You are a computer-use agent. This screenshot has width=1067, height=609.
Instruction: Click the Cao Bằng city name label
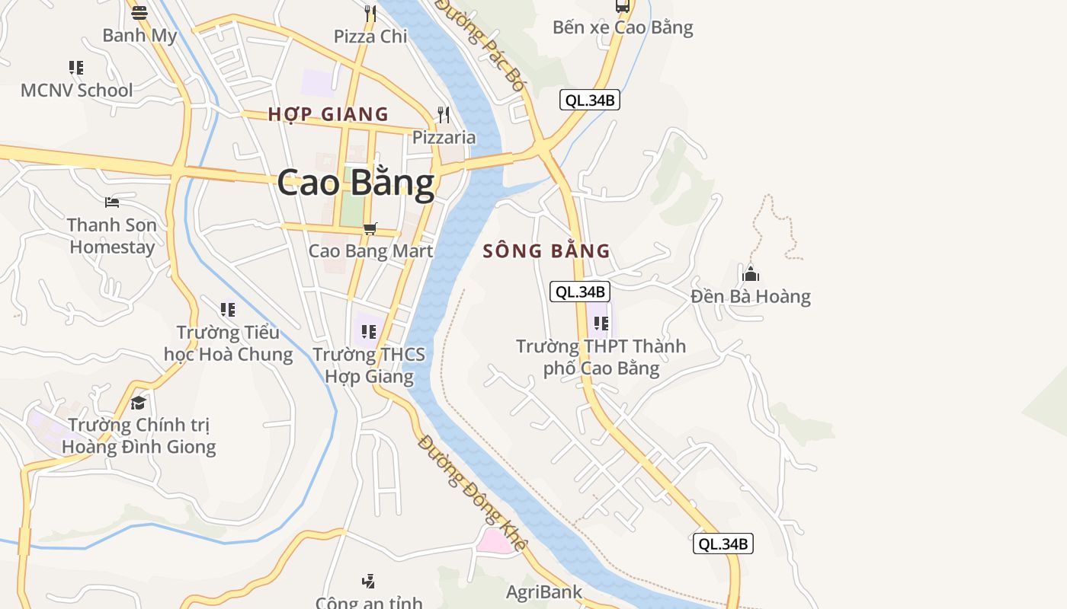coord(355,183)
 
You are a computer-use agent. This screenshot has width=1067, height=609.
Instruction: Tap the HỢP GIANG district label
coord(328,114)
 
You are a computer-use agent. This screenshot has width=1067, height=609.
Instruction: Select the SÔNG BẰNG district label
coord(546,250)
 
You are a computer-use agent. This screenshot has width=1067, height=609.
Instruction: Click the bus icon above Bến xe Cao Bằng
coord(623,6)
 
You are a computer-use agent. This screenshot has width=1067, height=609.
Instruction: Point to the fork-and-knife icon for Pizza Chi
coord(370,13)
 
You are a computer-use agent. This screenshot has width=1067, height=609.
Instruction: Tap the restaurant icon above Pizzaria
coord(444,115)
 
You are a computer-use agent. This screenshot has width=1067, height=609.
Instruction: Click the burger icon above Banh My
coord(139,12)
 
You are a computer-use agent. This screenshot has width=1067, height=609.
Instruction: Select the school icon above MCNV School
coord(76,68)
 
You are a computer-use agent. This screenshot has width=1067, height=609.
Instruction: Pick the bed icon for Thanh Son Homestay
coord(112,202)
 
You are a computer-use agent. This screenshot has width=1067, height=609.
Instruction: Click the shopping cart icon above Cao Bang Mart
coord(370,228)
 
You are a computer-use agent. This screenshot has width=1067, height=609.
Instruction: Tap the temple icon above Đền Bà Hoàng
coord(751,273)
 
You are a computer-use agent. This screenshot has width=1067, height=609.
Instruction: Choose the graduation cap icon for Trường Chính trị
coord(138,402)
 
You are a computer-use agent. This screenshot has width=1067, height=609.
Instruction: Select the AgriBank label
coord(544,591)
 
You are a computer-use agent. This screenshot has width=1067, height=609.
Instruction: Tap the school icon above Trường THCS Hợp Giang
coord(369,332)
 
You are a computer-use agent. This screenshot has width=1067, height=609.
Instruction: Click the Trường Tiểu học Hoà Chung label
coord(228,343)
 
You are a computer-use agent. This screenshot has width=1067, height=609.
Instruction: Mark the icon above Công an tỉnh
coord(369,582)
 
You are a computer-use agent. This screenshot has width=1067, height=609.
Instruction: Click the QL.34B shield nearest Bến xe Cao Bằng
coord(589,100)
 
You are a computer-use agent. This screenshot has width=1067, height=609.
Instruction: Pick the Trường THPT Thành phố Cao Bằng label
coord(601,357)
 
